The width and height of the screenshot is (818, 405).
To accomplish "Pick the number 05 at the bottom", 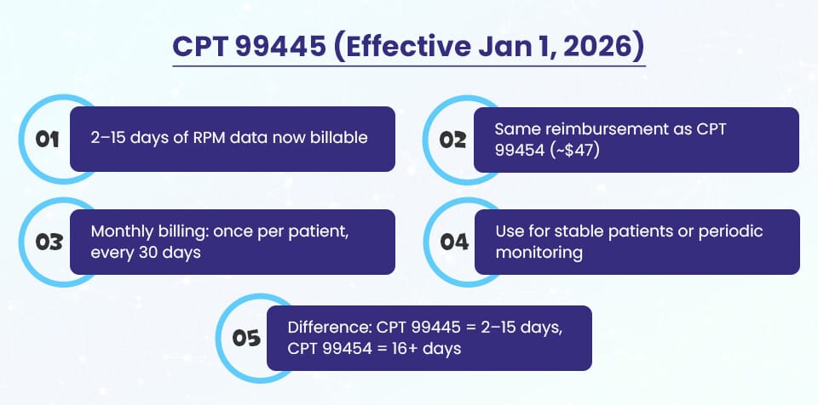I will coord(245,338).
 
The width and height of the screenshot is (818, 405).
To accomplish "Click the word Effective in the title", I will coord(412,47).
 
